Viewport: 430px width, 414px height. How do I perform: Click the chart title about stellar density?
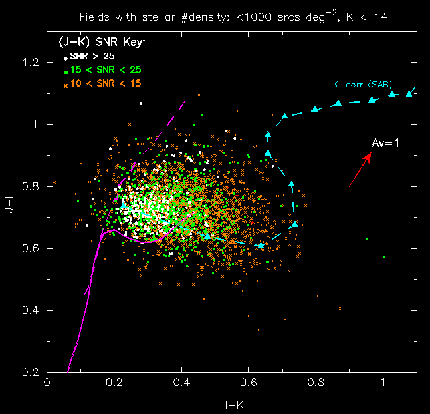click(x=232, y=15)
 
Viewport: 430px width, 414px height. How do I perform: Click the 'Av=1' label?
click(x=385, y=144)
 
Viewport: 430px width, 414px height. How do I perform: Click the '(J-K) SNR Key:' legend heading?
click(x=102, y=43)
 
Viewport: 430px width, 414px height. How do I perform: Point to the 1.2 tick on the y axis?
click(x=31, y=63)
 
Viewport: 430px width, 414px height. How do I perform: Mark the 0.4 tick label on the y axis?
click(x=31, y=310)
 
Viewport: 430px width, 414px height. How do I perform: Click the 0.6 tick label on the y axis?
click(x=31, y=248)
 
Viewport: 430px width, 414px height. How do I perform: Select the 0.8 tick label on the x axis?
click(x=316, y=384)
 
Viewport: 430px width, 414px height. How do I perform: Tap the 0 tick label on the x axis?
click(x=47, y=384)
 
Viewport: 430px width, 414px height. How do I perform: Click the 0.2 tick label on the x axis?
click(x=114, y=384)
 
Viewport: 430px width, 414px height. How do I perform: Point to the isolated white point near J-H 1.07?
click(x=140, y=103)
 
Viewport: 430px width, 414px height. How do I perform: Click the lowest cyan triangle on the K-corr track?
click(x=261, y=246)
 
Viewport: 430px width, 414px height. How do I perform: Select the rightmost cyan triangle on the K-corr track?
click(x=409, y=93)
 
